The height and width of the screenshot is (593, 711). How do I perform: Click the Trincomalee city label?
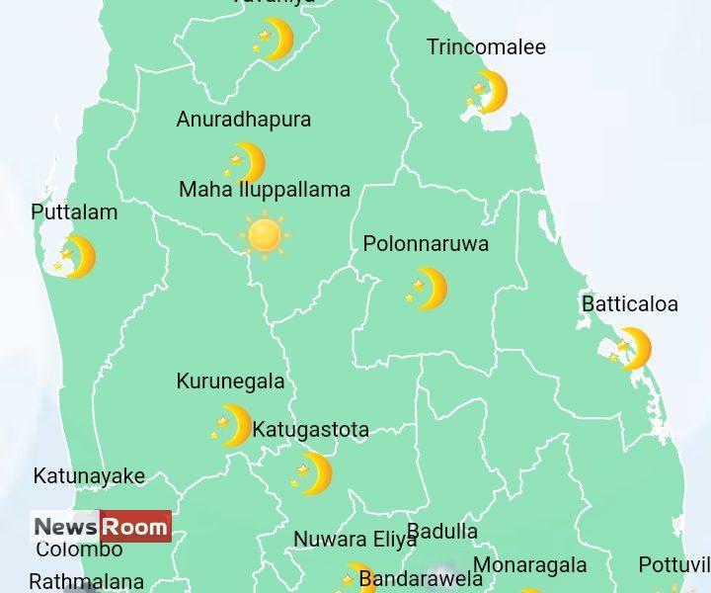(x=486, y=47)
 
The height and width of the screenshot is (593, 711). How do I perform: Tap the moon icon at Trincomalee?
(x=488, y=92)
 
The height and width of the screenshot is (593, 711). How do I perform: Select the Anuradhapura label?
(x=243, y=120)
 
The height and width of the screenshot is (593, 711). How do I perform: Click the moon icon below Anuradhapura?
(x=246, y=163)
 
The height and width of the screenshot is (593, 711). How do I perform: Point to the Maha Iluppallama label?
(x=264, y=190)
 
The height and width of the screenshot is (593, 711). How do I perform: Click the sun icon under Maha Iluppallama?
(x=265, y=235)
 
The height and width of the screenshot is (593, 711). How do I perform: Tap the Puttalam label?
(x=74, y=212)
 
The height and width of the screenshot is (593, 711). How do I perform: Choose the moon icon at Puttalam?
(x=76, y=257)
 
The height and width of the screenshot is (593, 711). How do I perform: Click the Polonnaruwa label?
(x=426, y=244)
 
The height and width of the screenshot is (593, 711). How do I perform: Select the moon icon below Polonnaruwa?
(x=428, y=289)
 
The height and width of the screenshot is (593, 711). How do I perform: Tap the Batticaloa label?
(x=629, y=304)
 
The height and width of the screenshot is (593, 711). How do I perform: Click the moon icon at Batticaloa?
(x=631, y=349)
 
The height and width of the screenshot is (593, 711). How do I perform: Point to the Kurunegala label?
(x=230, y=381)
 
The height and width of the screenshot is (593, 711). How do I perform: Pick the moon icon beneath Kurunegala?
(x=232, y=426)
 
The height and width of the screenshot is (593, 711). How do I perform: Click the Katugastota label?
(x=310, y=430)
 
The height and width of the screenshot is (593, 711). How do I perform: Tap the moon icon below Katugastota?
(x=313, y=473)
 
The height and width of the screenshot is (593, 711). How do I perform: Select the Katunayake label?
(x=89, y=476)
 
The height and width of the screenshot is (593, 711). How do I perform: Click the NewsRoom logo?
(x=101, y=527)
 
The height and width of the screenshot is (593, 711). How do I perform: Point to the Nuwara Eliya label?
(x=355, y=541)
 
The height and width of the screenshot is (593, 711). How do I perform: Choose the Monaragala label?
(x=529, y=566)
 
